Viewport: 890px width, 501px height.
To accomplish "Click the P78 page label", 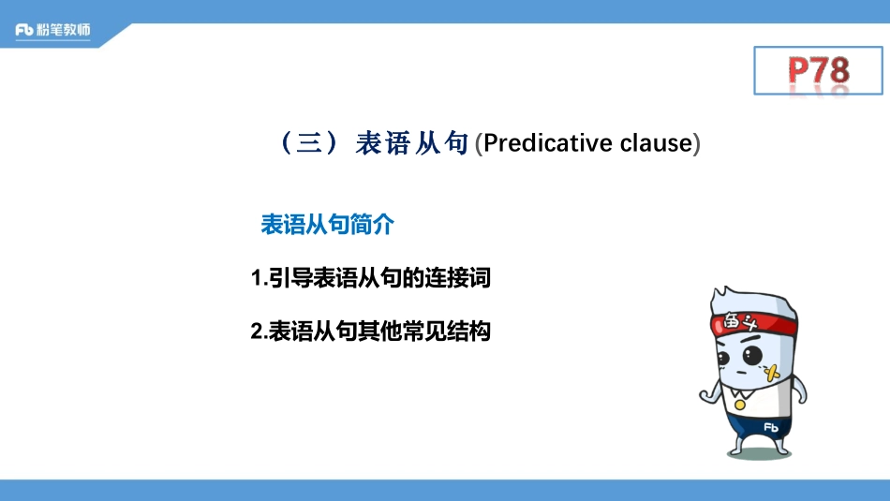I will click(818, 70).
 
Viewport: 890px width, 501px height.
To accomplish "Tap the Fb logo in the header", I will click(25, 30).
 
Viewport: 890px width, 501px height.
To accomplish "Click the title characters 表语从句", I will click(412, 144).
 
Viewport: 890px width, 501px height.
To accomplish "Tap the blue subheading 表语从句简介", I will click(327, 225).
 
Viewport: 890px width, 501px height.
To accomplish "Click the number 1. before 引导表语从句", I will click(259, 278).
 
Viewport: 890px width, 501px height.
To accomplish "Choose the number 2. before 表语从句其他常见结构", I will click(259, 331).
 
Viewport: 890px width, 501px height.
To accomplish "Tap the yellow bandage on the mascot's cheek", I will click(774, 374).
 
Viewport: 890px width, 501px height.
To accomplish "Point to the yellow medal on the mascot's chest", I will click(740, 405).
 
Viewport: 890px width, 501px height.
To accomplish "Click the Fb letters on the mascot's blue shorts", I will click(771, 427).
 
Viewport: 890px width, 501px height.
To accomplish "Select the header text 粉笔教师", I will click(66, 30).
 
